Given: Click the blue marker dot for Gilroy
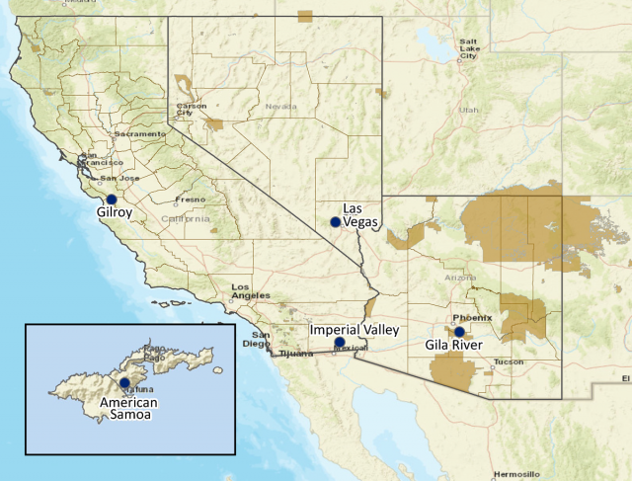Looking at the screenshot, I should coord(112,200).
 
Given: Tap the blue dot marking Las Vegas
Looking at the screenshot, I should coord(336,222).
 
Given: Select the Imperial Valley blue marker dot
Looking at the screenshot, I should coord(340,343).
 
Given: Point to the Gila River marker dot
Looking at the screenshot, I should coord(459,332).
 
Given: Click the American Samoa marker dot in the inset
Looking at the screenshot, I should coord(124,383).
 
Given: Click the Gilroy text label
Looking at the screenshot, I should coord(115,212).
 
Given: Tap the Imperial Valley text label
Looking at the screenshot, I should coord(354,330).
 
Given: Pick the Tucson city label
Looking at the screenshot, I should coord(509,361).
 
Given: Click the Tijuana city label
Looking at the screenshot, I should coord(294,353).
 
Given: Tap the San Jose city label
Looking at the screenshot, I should coord(131,178).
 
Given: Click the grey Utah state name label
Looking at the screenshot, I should coord(468,111).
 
